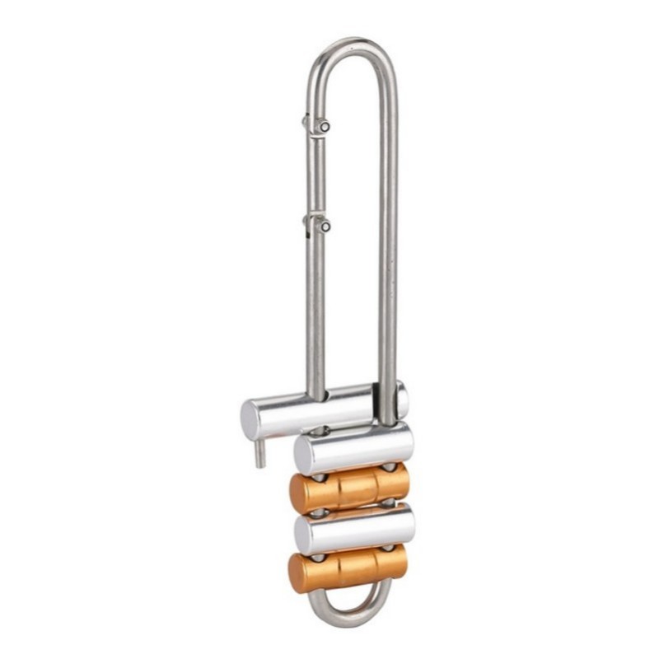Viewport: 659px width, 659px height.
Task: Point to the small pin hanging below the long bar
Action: [x=259, y=452]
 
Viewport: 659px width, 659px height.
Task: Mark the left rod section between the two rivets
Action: [x=315, y=175]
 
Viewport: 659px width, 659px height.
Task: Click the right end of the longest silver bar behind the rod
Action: [x=401, y=398]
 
